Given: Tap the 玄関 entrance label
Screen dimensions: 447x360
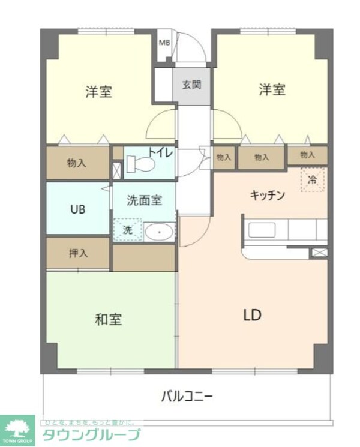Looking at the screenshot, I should (x=191, y=84).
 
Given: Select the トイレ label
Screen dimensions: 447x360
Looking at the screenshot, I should (x=161, y=154).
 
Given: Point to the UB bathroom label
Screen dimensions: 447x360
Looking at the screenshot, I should (x=77, y=209).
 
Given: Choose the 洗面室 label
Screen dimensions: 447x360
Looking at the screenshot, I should (x=144, y=201).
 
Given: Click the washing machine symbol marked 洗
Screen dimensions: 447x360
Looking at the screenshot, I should (x=128, y=230).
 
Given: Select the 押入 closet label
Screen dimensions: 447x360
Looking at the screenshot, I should (x=78, y=253).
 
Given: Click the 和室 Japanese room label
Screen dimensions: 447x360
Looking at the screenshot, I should (x=109, y=319).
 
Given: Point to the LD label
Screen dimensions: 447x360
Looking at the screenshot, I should (x=252, y=315).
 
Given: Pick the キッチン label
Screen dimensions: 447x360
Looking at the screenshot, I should (x=267, y=195).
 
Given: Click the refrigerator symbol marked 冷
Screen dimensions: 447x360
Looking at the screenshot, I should (x=312, y=179).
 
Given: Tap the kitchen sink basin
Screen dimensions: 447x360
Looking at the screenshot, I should (x=262, y=230).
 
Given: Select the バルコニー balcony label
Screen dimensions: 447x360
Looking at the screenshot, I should (x=187, y=396).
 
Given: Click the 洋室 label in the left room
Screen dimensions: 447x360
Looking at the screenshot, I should (x=99, y=92).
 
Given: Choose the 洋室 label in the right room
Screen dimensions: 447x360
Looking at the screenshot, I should (x=272, y=90).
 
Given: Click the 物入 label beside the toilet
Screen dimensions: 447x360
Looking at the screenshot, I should (x=76, y=162).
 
